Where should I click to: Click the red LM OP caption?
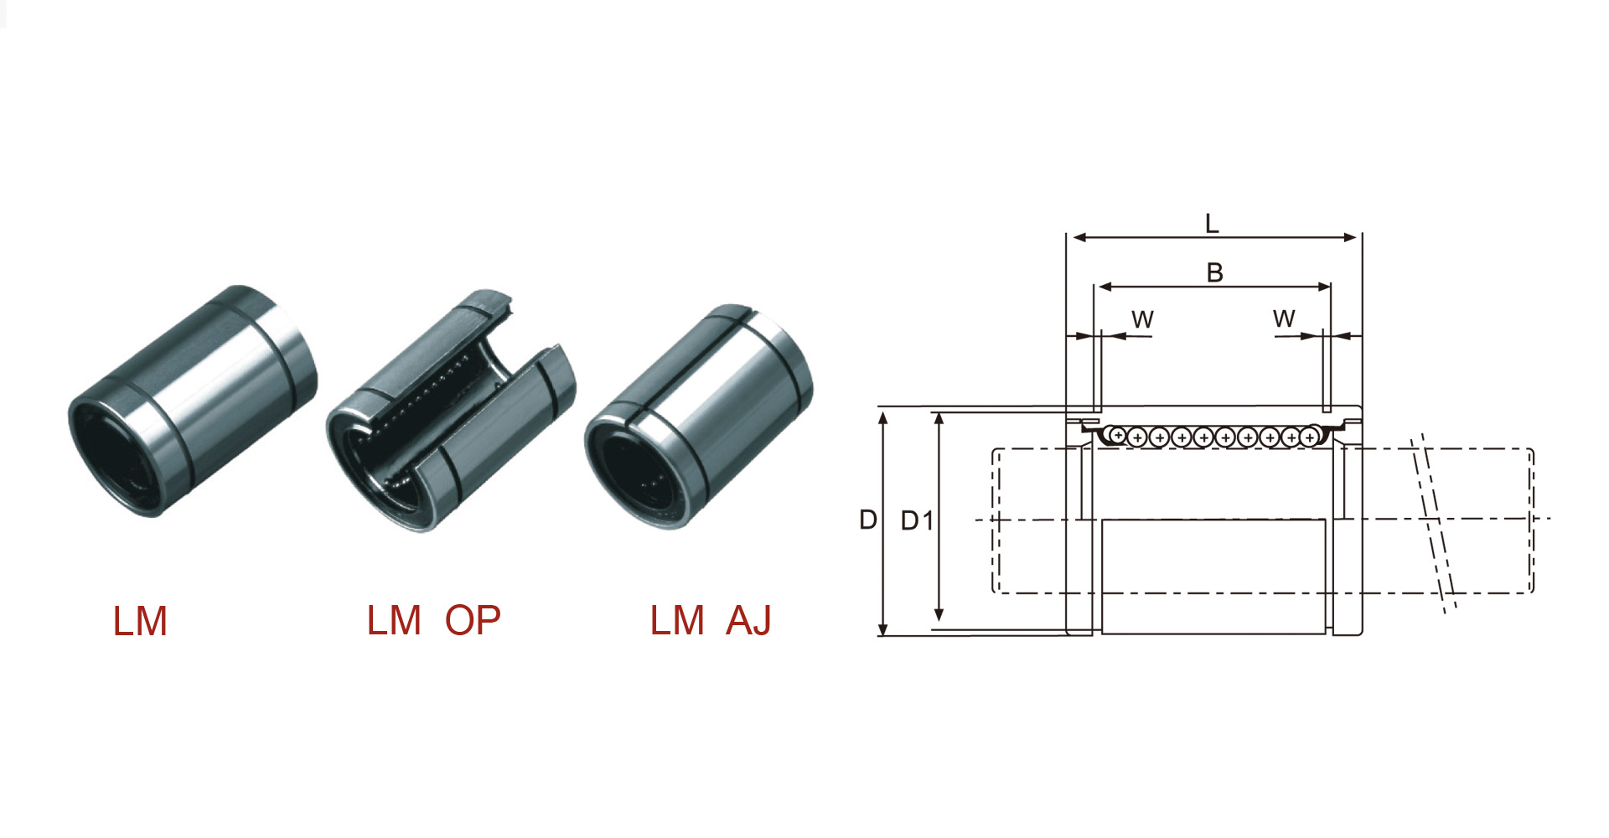tap(433, 621)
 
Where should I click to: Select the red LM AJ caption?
tap(711, 621)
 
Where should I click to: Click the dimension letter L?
tap(1212, 223)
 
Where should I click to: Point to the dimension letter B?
tap(1214, 272)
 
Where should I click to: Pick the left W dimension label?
tap(1143, 319)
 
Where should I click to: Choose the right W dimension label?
tap(1284, 318)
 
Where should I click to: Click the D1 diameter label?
tap(916, 520)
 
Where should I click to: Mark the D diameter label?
tap(868, 520)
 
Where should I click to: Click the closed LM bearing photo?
tap(193, 401)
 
